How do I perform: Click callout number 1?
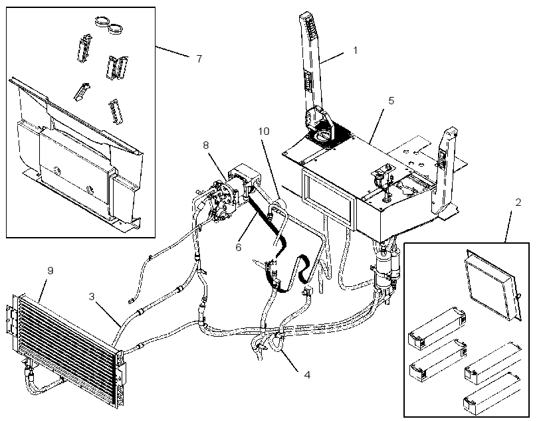click(x=355, y=50)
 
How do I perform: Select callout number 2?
click(x=518, y=203)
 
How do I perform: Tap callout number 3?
click(x=92, y=297)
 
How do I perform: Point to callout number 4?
click(x=307, y=375)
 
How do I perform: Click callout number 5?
click(x=391, y=101)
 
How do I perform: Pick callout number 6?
click(x=239, y=247)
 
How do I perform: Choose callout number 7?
click(x=199, y=58)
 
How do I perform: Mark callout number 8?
click(x=206, y=145)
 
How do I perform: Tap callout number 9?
click(x=51, y=270)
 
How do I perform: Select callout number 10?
click(x=264, y=131)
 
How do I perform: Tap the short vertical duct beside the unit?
click(x=443, y=170)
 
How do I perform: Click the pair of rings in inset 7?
click(x=109, y=25)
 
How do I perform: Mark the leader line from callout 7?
click(x=173, y=51)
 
